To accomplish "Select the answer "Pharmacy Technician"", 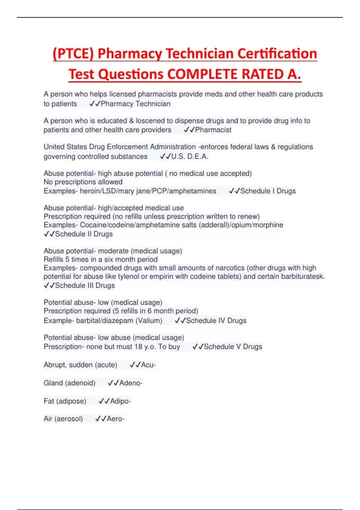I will coord(136,104).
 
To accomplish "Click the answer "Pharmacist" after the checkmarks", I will coord(213,130).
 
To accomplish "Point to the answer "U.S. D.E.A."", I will coord(190,157).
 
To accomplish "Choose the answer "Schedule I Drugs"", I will coord(268,191).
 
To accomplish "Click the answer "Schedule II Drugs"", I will coord(84,234).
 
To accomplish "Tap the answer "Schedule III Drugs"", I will coord(85,286).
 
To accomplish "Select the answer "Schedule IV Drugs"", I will coord(216,321).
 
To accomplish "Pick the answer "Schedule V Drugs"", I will coord(233,347).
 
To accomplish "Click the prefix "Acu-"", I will coord(148,365).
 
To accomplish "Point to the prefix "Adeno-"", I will coord(131,383).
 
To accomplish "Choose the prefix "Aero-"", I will coord(115,419).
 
